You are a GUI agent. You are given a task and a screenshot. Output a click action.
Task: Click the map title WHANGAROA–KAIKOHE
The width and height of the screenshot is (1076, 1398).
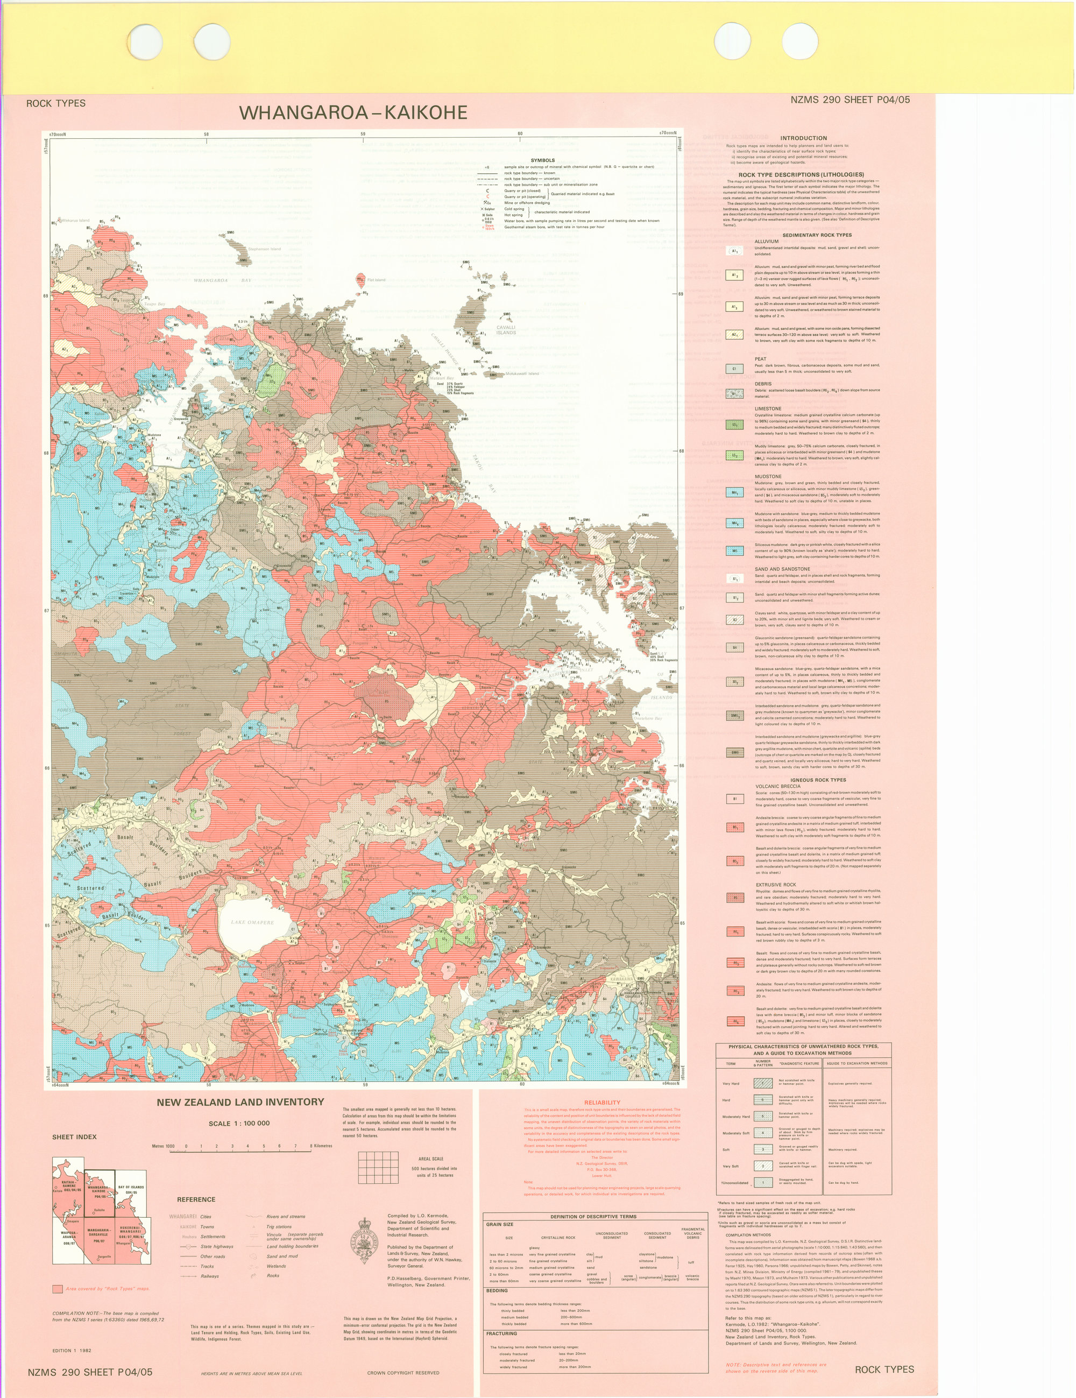point(353,112)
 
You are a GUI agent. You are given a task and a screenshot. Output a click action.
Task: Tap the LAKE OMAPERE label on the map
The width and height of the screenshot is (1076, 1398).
point(252,922)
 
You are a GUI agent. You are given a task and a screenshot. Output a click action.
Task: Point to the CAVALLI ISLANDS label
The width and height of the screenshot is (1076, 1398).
point(506,330)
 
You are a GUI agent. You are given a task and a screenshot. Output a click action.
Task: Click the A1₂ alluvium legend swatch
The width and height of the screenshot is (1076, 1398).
point(735,276)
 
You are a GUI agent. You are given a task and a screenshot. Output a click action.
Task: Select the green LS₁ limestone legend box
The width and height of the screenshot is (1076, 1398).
point(735,425)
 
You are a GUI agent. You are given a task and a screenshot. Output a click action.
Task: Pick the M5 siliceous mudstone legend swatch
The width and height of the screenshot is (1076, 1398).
point(735,550)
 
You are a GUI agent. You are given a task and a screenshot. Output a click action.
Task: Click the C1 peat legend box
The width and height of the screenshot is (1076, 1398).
point(735,369)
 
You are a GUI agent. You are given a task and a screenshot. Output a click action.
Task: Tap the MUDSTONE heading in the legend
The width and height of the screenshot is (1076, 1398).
point(768,476)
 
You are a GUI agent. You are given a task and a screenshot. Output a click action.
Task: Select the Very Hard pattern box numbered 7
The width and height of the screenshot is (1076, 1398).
point(762,1083)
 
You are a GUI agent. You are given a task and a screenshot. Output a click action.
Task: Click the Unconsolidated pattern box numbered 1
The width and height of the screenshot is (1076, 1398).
point(762,1182)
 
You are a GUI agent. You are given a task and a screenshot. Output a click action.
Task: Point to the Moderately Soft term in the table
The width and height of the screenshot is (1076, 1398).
point(736,1133)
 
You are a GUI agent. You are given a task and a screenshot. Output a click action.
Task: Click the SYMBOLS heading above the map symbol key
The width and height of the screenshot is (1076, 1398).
point(542,160)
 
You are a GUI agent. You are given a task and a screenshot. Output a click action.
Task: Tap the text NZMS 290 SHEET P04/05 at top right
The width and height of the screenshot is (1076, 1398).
point(850,100)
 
